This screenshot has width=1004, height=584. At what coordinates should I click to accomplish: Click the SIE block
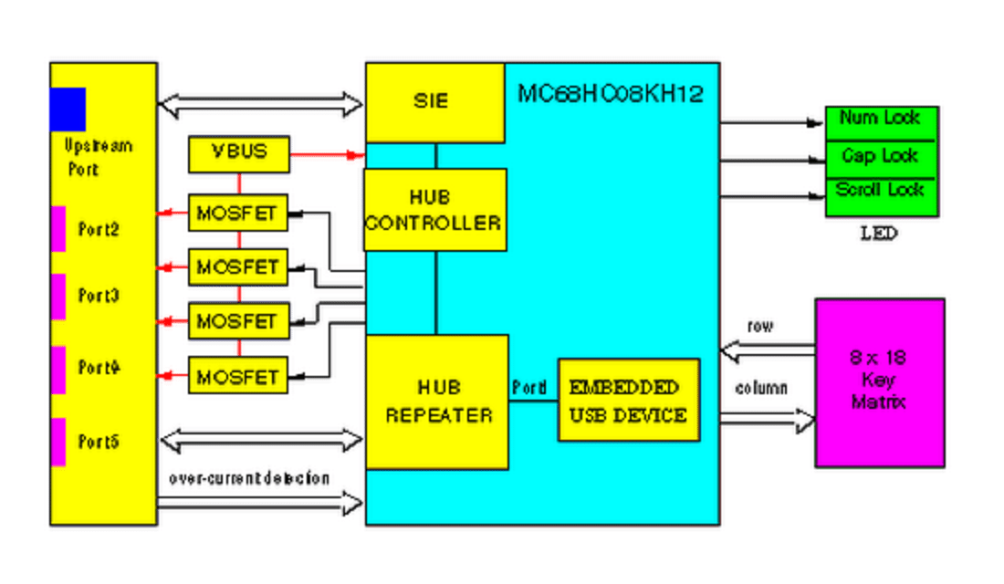434,102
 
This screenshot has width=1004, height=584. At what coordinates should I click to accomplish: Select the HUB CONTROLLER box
434,209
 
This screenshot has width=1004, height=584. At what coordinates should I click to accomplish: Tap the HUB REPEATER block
437,401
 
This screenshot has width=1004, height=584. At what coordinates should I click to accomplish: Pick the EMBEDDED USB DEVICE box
628,400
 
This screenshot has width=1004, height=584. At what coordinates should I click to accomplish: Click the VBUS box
239,153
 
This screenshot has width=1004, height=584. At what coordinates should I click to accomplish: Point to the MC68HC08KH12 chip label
611,93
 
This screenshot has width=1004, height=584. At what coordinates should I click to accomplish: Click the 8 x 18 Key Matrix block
879,382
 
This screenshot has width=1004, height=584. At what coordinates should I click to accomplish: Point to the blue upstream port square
68,109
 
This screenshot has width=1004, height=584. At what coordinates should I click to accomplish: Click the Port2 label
99,230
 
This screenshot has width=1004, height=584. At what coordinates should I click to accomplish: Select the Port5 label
99,443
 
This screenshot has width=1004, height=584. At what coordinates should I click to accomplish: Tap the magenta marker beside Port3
58,297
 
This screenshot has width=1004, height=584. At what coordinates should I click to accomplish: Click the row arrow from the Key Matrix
767,349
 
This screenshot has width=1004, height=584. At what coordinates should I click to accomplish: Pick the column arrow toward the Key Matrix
767,419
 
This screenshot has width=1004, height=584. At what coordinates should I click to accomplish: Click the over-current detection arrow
261,501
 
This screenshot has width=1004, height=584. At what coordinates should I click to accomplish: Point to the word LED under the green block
879,234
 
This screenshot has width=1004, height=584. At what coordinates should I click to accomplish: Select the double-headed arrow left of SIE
261,104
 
